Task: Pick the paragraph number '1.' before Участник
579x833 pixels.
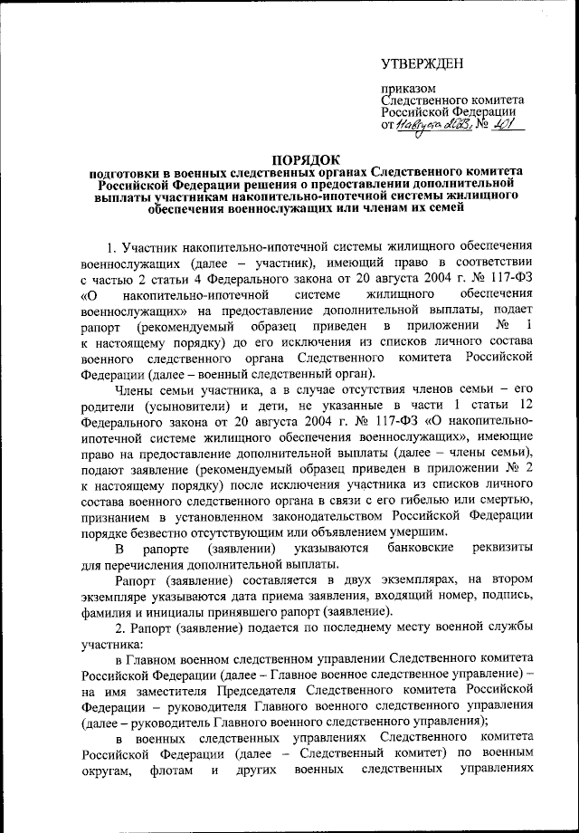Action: coord(113,246)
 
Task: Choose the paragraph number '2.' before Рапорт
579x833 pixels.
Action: coord(113,627)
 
